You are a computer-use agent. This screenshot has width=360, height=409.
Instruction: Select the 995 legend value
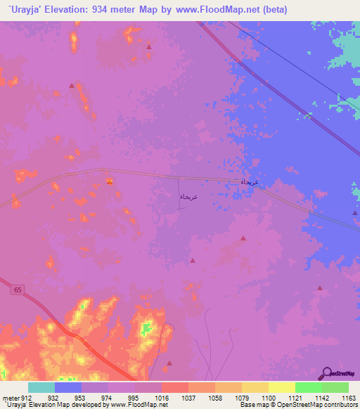(134, 397)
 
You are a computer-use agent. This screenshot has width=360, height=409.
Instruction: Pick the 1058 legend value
(216, 397)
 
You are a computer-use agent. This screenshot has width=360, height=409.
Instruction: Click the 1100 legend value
(270, 397)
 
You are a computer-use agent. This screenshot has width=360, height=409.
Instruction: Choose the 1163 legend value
(348, 397)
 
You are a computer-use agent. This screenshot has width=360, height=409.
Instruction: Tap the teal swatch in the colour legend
(41, 387)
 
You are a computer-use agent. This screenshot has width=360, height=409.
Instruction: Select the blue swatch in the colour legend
(68, 387)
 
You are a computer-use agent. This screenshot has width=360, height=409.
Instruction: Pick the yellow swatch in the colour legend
(281, 387)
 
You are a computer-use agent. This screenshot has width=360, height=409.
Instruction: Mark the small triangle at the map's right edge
(355, 214)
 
